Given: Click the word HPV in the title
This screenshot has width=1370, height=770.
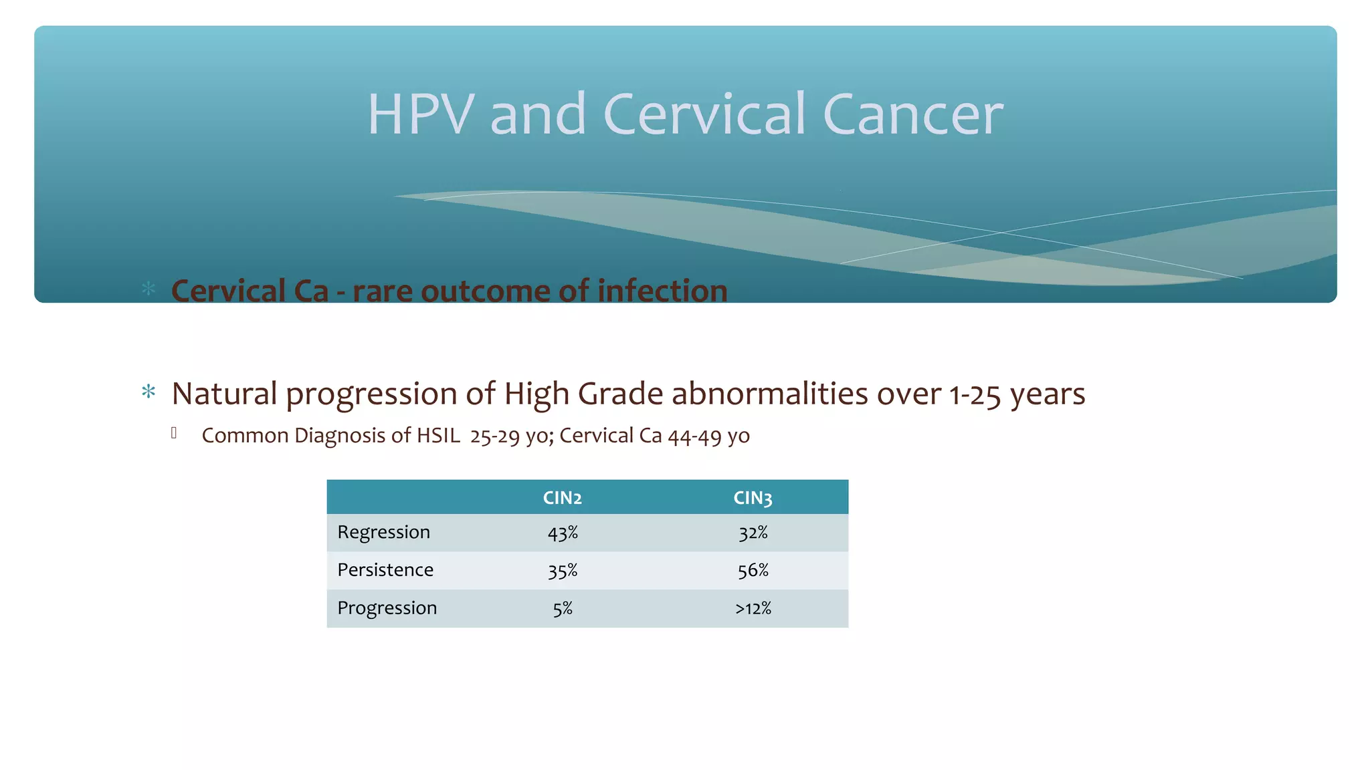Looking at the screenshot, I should pos(421,114).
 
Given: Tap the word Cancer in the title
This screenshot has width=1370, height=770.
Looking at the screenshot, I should pos(912,114).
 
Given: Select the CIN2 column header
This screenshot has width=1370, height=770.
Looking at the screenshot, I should pos(562,498).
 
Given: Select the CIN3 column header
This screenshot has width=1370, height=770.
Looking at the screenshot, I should pos(753,498).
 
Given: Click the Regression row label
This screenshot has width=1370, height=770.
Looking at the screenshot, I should pos(383,533).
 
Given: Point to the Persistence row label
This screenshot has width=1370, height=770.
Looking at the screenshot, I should pos(385,570).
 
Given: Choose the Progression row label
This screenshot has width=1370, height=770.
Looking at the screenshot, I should pos(387,608).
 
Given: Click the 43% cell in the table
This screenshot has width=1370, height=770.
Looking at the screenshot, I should pos(563,533).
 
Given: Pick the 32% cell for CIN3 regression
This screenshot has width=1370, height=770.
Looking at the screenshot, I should pos(753,533).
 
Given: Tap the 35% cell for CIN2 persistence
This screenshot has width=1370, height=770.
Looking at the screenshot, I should pos(563,571).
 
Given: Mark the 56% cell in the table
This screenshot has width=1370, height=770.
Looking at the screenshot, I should pos(753,571).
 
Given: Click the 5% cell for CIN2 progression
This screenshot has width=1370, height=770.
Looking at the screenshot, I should pos(563,609).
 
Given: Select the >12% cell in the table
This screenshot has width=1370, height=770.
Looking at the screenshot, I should pos(753,609).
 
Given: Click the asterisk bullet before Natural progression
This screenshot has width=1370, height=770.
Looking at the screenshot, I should pos(149,392).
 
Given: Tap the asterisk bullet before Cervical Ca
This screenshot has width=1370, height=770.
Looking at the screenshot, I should pos(149,289).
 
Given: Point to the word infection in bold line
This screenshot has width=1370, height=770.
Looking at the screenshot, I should pos(662,291).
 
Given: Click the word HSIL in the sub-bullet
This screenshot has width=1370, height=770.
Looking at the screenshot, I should pos(438,436).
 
